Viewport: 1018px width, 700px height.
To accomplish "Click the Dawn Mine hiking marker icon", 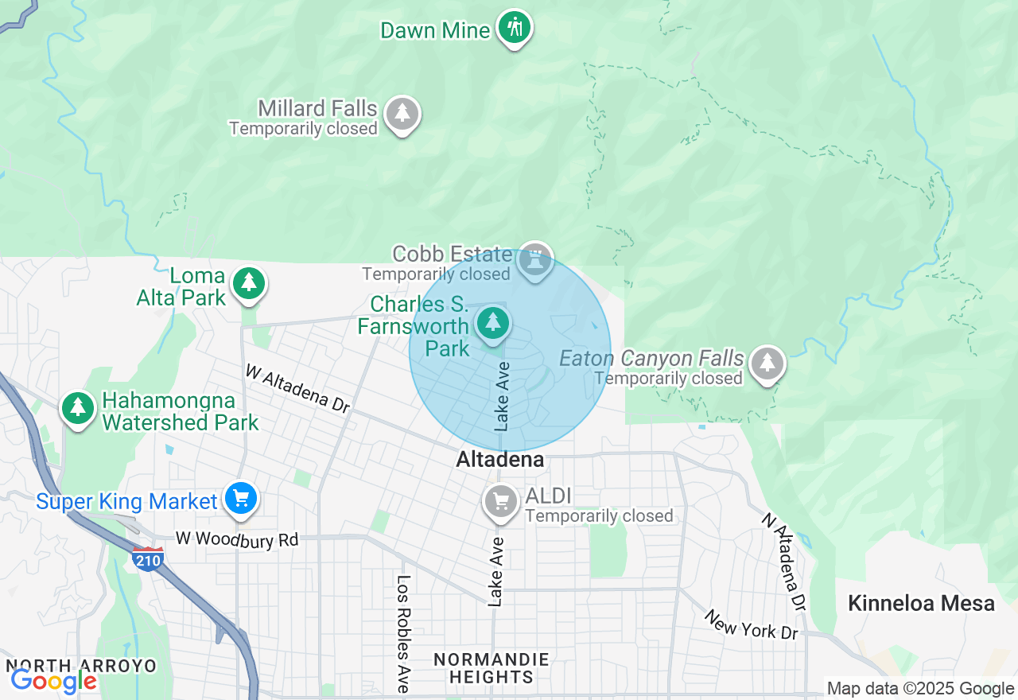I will (515, 28).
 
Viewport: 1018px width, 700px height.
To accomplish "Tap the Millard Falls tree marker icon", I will (402, 114).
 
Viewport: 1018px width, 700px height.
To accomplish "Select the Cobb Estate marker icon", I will (536, 259).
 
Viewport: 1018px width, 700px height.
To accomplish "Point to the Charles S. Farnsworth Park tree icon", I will (493, 323).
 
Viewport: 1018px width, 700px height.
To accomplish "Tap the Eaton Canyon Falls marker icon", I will (767, 364).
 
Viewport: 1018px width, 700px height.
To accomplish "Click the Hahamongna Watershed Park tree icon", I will (77, 408).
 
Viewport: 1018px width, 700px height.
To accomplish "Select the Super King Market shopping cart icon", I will (241, 499).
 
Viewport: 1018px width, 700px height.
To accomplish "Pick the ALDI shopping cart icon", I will (501, 502).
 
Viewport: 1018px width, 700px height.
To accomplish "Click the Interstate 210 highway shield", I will (148, 558).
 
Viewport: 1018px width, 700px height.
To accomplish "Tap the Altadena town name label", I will (500, 460).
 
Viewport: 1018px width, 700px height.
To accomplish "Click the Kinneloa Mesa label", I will (921, 603).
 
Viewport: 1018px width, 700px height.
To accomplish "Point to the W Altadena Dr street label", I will (297, 388).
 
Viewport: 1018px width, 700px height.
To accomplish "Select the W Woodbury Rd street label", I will (237, 539).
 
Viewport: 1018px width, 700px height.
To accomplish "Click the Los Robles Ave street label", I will (403, 632).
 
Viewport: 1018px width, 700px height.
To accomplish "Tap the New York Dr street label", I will (752, 625).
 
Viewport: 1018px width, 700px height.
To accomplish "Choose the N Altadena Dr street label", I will (783, 562).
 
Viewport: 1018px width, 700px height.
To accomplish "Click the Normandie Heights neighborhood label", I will (491, 668).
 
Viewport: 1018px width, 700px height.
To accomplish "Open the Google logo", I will (53, 681).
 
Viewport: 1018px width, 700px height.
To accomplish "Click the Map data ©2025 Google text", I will (920, 689).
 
